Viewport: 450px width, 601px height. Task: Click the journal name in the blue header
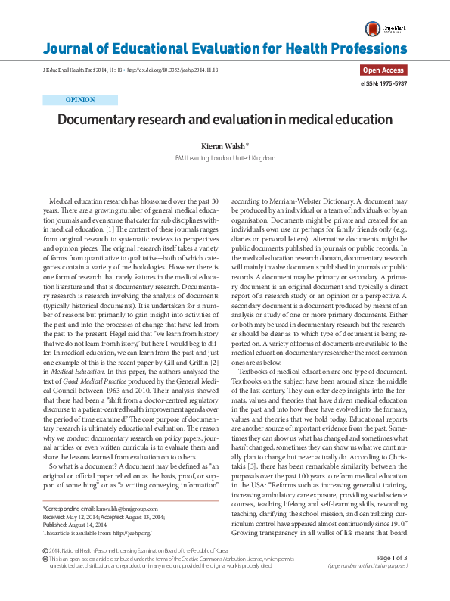[225, 50]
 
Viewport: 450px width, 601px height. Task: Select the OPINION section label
[81, 99]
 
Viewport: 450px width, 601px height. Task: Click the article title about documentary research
[225, 120]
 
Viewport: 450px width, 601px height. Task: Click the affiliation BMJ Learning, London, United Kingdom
[225, 158]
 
